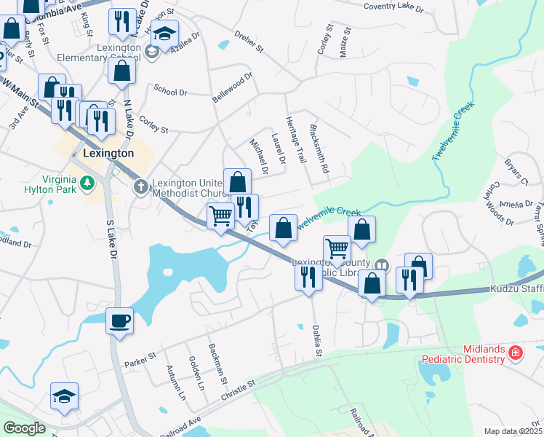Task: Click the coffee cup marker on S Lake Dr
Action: [119, 320]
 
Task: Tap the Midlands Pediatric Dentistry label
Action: [463, 355]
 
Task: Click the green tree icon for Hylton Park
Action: [88, 183]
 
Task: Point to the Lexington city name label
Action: [108, 154]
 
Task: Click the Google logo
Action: [24, 428]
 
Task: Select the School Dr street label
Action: [171, 91]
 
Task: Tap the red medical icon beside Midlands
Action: [516, 353]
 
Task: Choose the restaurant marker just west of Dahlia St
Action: [308, 276]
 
